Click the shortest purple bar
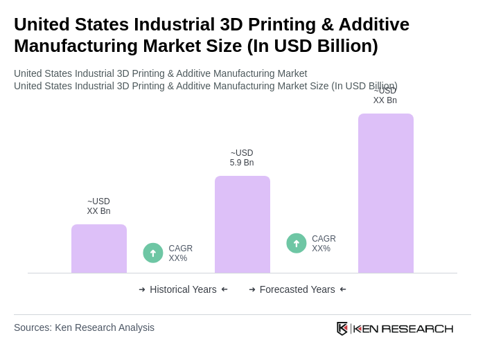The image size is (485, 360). [99, 249]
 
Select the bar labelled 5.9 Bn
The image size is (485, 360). [242, 224]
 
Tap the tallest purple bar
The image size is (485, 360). [386, 193]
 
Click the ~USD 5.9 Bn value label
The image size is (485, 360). [242, 158]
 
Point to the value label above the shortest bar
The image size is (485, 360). [98, 206]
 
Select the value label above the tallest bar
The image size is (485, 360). [385, 96]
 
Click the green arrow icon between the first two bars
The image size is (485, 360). [153, 253]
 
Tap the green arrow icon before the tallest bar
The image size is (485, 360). [297, 243]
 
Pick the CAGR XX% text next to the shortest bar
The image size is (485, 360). [180, 253]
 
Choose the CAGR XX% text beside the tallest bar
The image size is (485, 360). [324, 244]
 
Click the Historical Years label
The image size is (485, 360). [183, 289]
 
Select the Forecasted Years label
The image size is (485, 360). [297, 289]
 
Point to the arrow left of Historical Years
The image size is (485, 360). [142, 289]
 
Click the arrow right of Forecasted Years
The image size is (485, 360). [343, 289]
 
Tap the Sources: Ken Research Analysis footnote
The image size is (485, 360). [84, 327]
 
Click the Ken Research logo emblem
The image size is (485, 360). [342, 328]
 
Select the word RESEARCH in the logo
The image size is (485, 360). [417, 328]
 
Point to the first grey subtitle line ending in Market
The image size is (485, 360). [160, 73]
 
